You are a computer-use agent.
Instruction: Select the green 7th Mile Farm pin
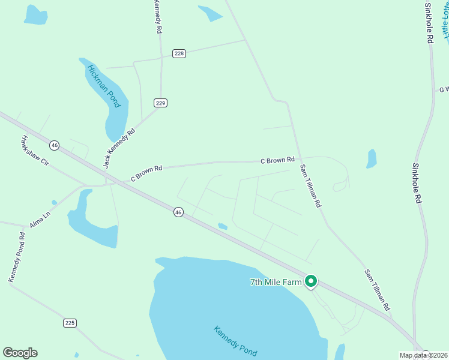coord(311,281)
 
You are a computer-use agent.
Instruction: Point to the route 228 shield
coord(179,53)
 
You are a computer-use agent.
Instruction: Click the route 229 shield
coord(160,103)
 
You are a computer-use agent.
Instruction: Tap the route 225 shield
coord(70,323)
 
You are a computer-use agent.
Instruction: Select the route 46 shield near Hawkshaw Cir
coord(55,145)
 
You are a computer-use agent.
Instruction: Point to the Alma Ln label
coord(40,219)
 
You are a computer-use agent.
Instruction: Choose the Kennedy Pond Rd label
coord(17,257)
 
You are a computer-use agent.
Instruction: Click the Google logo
coord(20,353)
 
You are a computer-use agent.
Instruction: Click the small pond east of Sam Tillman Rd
coord(372,159)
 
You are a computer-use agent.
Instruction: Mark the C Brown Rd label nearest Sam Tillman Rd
coord(277,160)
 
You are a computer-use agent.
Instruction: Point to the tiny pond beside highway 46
coord(222,226)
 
